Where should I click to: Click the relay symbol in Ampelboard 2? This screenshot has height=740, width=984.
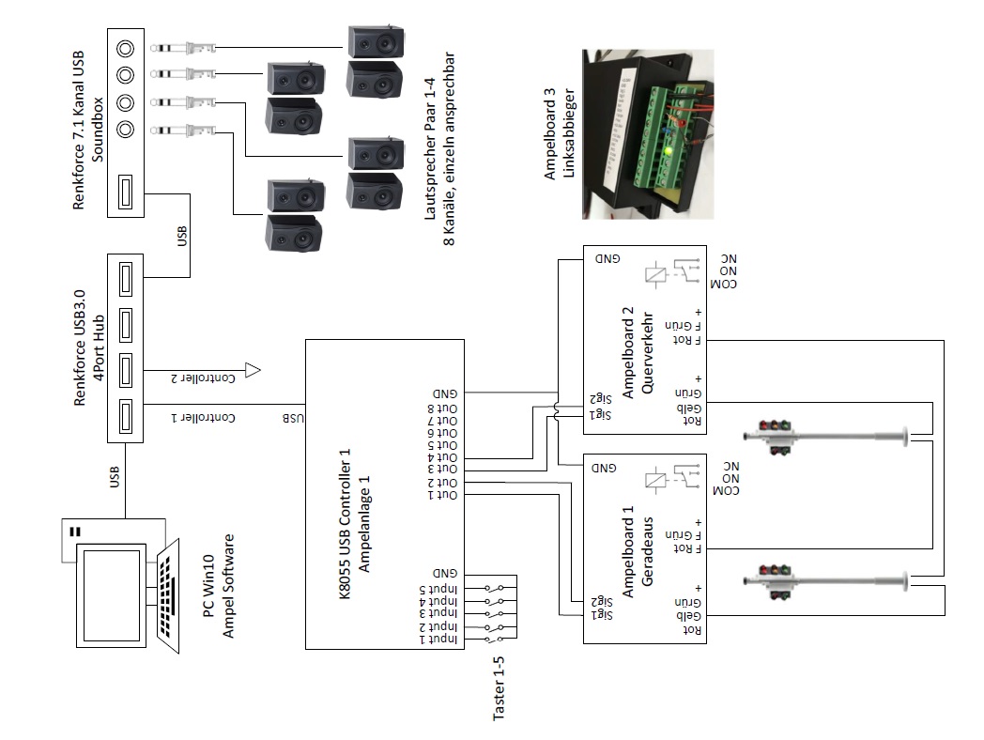[658, 274]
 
